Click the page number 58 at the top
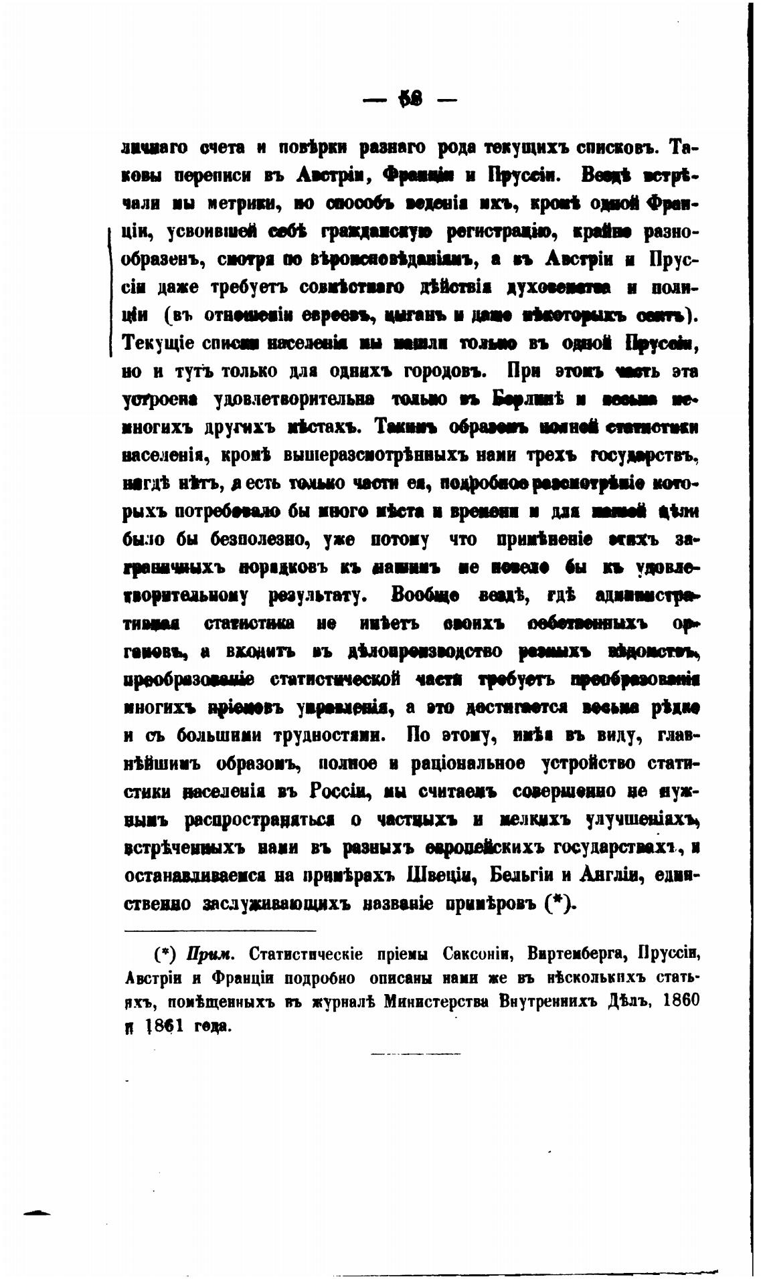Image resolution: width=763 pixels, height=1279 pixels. (408, 100)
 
